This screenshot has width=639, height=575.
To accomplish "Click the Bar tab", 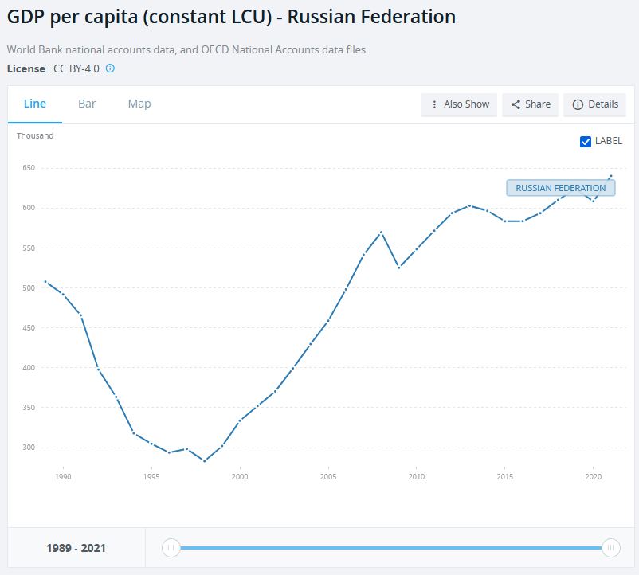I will [x=87, y=104].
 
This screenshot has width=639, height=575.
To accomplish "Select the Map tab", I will [x=139, y=104].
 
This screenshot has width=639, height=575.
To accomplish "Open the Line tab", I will [x=35, y=104].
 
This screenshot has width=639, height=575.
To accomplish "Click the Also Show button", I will [x=459, y=104].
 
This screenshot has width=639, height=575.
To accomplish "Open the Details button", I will [x=595, y=104].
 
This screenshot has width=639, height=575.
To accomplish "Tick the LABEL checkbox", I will [x=586, y=141].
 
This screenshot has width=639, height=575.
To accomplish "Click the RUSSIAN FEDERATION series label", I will [x=560, y=188].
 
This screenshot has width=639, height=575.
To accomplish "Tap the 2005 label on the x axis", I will [x=327, y=477].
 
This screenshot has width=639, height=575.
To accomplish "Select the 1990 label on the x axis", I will [x=63, y=477].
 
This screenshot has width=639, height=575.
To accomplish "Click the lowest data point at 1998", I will [x=205, y=460].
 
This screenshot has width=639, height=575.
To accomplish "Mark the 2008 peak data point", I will [x=382, y=232].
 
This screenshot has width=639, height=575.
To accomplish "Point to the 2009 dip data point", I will [x=399, y=267].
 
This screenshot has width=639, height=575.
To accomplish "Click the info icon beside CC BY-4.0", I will [x=110, y=68].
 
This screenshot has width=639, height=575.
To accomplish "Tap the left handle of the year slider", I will [x=171, y=548].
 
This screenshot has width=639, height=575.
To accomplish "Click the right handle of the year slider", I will [x=611, y=548].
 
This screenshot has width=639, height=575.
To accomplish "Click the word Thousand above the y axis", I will [x=35, y=135].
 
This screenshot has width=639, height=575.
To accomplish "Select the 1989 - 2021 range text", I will [x=76, y=548].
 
